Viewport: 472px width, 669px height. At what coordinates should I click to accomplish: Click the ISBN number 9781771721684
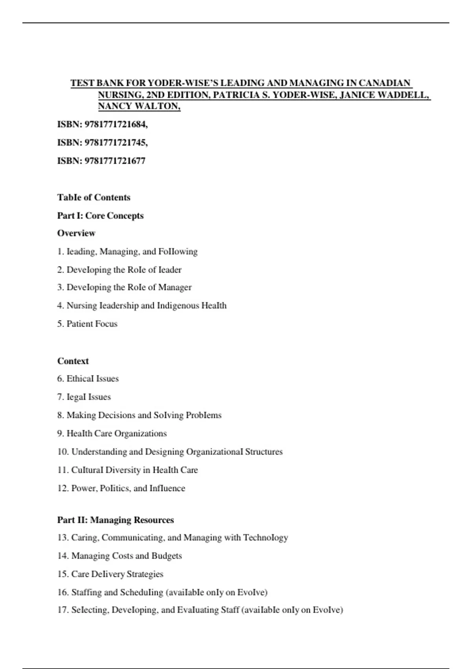(x=116, y=124)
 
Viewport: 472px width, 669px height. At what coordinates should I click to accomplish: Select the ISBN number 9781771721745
(x=116, y=142)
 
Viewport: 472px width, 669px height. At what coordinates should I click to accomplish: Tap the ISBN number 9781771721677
(x=115, y=161)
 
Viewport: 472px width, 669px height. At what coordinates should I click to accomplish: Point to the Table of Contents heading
(x=94, y=198)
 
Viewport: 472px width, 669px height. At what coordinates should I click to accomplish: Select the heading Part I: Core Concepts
(x=100, y=216)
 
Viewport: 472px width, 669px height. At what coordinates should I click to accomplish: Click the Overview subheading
(x=76, y=233)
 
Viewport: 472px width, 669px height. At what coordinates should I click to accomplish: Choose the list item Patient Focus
(x=92, y=324)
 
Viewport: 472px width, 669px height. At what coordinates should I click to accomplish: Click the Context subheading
(x=73, y=361)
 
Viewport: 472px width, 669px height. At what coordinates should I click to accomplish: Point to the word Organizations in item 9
(x=140, y=434)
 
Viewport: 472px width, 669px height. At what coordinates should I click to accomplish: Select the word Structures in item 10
(x=264, y=452)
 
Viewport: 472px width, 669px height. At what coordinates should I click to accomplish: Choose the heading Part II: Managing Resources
(x=115, y=520)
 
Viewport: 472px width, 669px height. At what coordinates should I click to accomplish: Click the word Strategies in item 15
(x=145, y=574)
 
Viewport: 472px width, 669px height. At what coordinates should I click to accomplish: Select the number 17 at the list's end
(x=62, y=610)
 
